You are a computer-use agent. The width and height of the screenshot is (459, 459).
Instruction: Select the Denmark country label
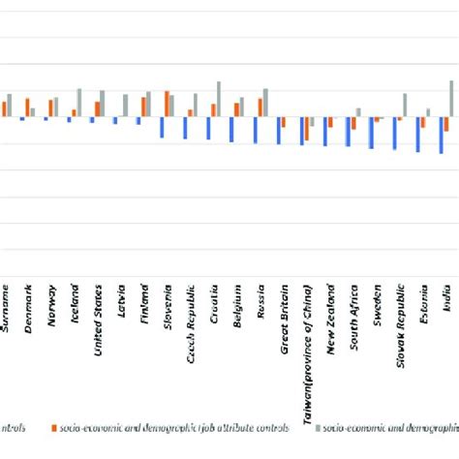[x=30, y=306]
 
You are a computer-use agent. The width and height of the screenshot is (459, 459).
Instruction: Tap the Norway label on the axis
[x=53, y=305]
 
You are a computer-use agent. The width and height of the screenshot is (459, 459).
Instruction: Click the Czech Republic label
[x=193, y=319]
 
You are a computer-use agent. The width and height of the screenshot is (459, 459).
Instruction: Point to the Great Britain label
[x=286, y=314]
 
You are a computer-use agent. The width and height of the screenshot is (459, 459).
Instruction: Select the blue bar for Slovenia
[x=163, y=127]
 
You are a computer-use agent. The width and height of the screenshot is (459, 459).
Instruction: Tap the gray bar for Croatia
[x=219, y=99]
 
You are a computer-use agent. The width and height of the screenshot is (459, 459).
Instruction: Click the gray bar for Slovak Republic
[x=405, y=106]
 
